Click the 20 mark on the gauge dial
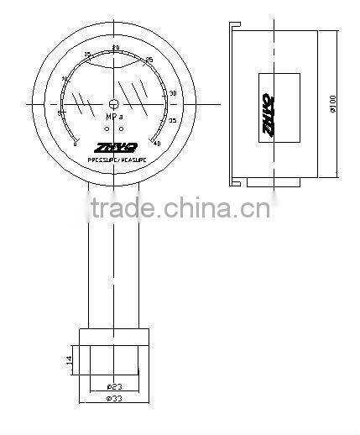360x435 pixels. point(115,46)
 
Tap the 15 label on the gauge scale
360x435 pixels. point(87,56)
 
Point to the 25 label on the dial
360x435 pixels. point(149,59)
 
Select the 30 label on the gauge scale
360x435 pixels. point(172,93)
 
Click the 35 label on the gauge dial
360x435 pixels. point(172,121)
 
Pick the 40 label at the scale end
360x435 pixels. point(158,144)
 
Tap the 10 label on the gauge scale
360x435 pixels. point(65,79)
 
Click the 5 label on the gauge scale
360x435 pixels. point(59,112)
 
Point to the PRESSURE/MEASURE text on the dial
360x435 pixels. point(115,160)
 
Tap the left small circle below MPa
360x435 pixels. point(107,128)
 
